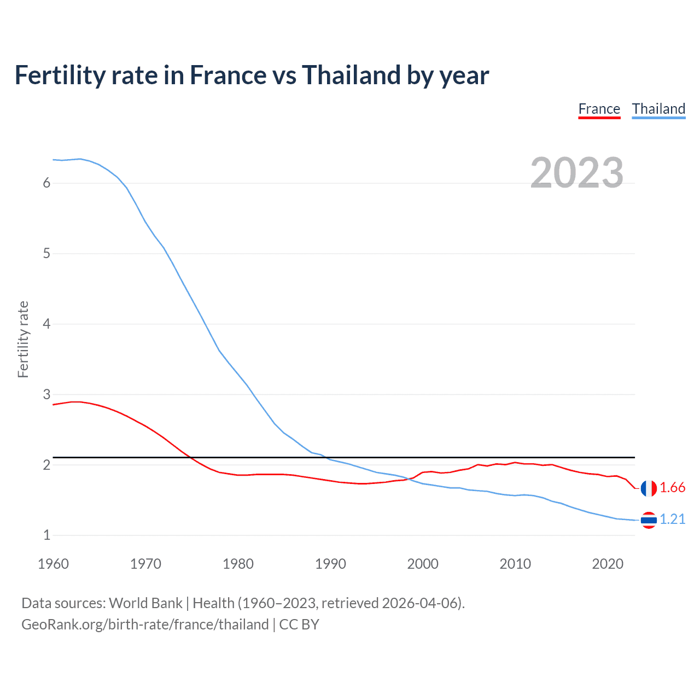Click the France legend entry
coord(599,109)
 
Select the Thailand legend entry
coord(658,109)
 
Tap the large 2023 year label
coord(576,173)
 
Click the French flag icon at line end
coord(649,488)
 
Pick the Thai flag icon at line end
coord(649,520)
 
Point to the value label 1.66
coord(672,488)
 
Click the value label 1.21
coord(672,520)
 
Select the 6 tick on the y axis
coord(46,183)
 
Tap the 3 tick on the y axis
coord(46,394)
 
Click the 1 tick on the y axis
coord(46,535)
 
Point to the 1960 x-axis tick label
coord(53,564)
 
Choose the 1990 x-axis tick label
coord(330,564)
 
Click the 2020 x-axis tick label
coord(608,564)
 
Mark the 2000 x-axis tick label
coord(423,564)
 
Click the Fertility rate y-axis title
coord(23,339)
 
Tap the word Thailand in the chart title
coord(351,75)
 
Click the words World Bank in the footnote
coord(145,603)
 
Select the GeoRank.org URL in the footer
coord(145,625)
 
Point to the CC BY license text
coord(299,625)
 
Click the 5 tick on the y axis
coord(46,254)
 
